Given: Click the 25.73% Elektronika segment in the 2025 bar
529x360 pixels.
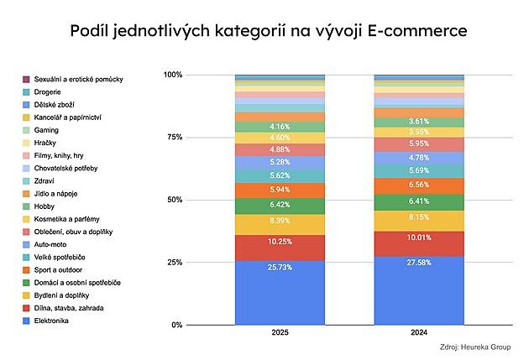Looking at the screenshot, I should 280,291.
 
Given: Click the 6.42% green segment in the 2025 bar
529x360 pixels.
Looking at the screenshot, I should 280,206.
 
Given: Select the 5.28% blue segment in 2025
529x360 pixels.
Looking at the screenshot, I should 280,163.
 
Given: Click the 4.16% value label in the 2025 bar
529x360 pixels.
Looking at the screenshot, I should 280,127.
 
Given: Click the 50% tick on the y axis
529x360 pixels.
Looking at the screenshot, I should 173,200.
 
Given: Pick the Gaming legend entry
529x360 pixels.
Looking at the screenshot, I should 46,130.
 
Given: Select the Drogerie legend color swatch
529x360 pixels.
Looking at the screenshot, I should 27,91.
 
